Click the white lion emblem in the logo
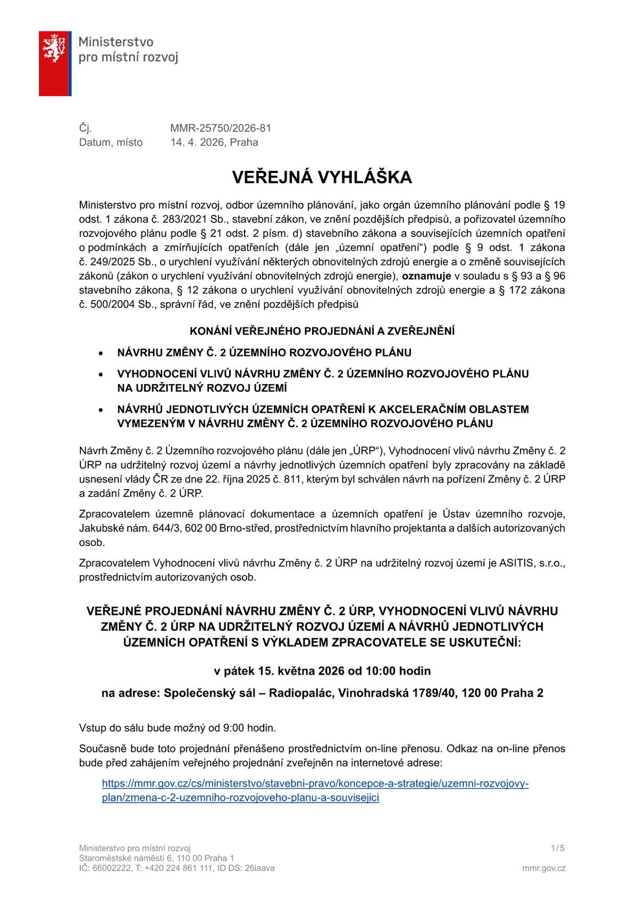pyautogui.click(x=54, y=47)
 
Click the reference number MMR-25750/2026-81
pyautogui.click(x=221, y=128)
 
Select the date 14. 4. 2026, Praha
pyautogui.click(x=214, y=142)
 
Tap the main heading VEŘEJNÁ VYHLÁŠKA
pyautogui.click(x=322, y=177)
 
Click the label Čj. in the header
pyautogui.click(x=85, y=128)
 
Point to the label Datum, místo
pyautogui.click(x=111, y=142)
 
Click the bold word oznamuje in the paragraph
pyautogui.click(x=426, y=276)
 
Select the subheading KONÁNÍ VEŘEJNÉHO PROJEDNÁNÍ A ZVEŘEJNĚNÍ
pyautogui.click(x=322, y=331)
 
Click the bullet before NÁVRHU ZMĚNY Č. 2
pyautogui.click(x=100, y=353)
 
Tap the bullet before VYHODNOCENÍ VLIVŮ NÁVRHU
pyautogui.click(x=100, y=375)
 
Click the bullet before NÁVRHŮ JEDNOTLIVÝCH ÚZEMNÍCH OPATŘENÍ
pyautogui.click(x=100, y=410)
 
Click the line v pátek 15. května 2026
pyautogui.click(x=322, y=670)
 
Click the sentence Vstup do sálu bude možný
pyautogui.click(x=177, y=727)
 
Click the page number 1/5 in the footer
pyautogui.click(x=558, y=848)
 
